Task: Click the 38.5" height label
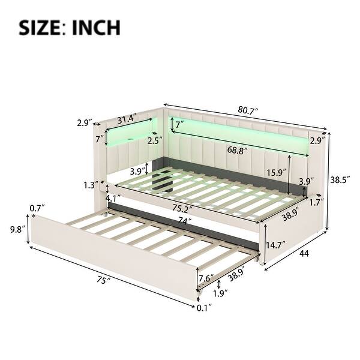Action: click(x=344, y=178)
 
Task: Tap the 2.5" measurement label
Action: click(x=154, y=142)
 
